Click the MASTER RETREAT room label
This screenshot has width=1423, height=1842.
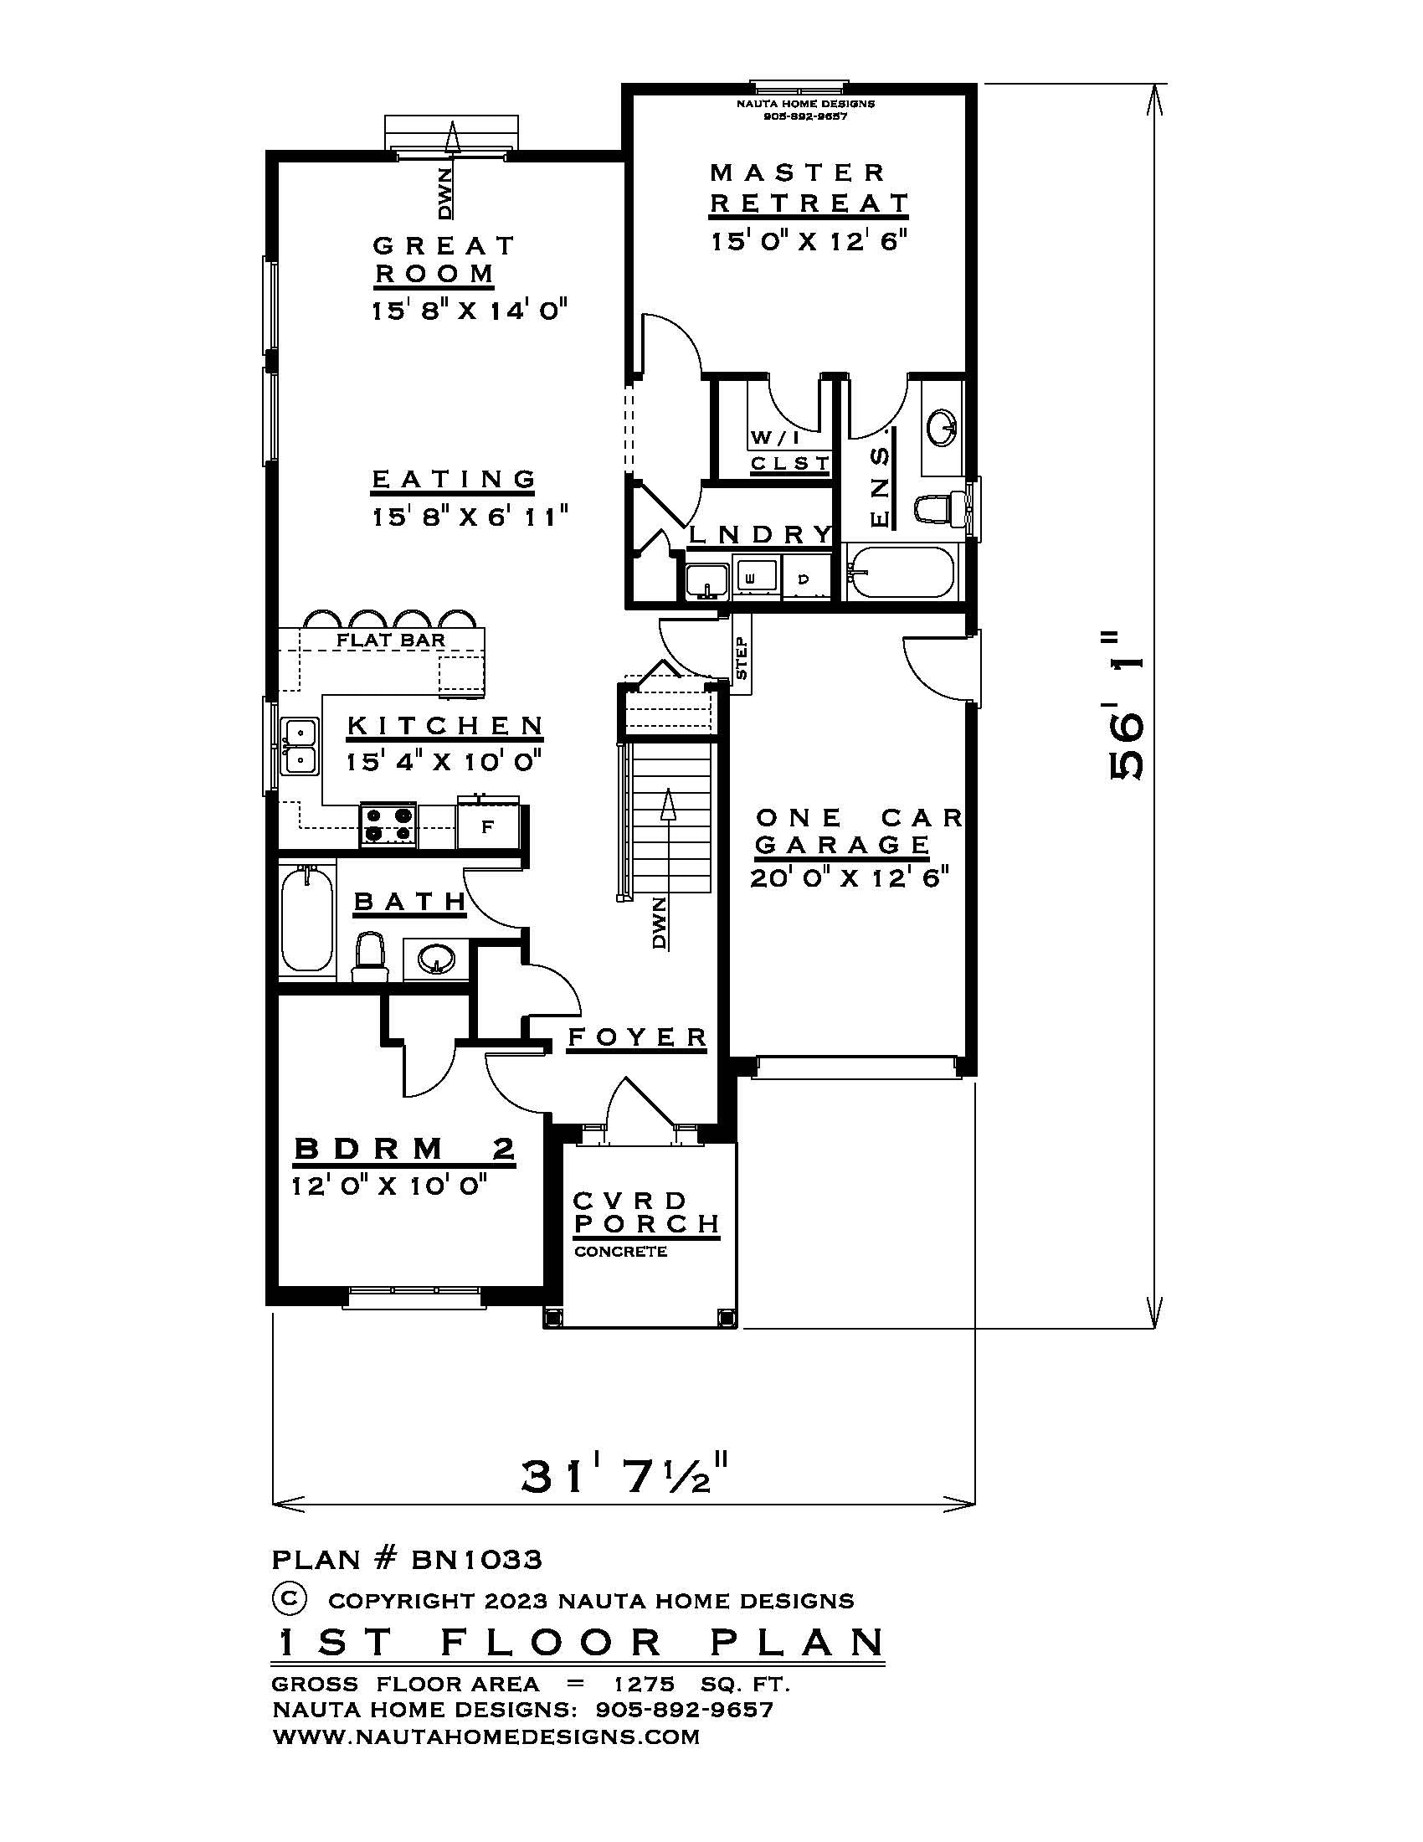[x=808, y=188]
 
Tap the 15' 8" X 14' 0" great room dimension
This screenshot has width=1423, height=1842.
[x=469, y=311]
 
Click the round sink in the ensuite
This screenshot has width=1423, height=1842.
[x=943, y=428]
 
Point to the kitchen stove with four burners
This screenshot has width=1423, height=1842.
[x=388, y=824]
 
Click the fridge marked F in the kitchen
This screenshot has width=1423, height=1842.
[x=487, y=826]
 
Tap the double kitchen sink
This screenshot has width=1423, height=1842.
[x=299, y=745]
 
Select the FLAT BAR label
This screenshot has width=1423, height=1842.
[x=390, y=641]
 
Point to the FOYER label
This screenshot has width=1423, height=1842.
[x=637, y=1037]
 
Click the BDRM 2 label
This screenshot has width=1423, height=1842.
[x=403, y=1149]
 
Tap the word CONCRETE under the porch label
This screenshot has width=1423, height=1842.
[x=620, y=1252]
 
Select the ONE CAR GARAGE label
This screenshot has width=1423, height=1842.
[x=851, y=831]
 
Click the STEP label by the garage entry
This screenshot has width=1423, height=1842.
[x=742, y=659]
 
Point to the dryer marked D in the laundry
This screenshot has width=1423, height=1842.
[x=804, y=579]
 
